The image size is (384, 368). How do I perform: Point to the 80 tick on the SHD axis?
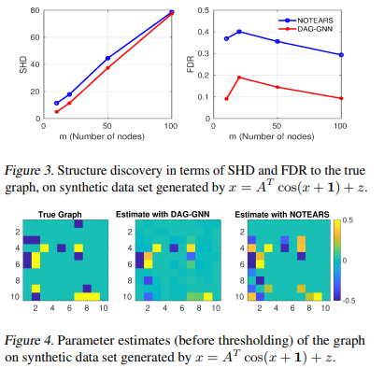coord(33,11)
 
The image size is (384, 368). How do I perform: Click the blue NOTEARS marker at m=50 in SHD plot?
coord(107,58)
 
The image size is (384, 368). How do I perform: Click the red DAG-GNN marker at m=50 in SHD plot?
coord(107,68)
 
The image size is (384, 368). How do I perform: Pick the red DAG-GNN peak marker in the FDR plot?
coord(239,78)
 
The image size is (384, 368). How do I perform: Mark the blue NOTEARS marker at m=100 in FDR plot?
coord(342,55)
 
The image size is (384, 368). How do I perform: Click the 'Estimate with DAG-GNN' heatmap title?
coord(163,216)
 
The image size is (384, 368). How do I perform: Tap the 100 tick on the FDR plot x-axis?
coord(342,125)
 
